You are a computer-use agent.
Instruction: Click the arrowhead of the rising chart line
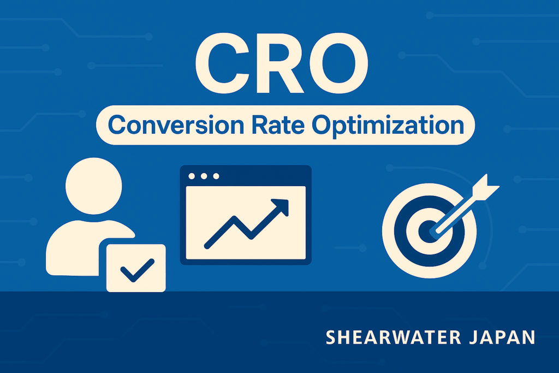click(x=281, y=206)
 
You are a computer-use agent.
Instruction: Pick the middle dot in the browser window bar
click(x=204, y=176)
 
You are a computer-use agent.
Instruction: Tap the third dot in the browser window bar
click(x=216, y=176)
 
